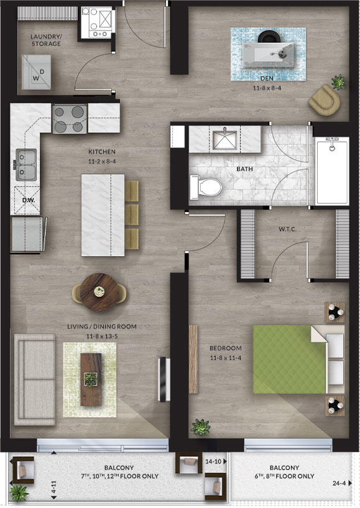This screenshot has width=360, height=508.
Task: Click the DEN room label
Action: click(267, 78)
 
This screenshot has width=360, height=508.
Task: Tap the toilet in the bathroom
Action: click(206, 187)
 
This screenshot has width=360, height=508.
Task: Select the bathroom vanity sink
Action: click(224, 140)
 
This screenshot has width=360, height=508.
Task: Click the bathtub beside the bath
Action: click(332, 171)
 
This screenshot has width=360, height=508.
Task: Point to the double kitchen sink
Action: click(27, 165)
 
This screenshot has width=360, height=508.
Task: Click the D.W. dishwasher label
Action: click(29, 200)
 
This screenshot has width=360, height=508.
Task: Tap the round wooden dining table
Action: click(99, 292)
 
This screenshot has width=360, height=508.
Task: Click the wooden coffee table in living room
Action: click(91, 379)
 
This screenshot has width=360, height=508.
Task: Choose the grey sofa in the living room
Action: click(35, 380)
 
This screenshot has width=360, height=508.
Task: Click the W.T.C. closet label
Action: click(287, 229)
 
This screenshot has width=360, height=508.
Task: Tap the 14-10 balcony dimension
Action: click(213, 461)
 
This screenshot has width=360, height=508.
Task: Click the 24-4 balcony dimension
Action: click(339, 483)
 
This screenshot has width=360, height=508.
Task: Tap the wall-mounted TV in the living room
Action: click(164, 379)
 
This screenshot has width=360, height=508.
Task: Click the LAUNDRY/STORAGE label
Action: click(46, 40)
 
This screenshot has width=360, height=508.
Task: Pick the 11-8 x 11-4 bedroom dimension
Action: click(226, 358)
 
